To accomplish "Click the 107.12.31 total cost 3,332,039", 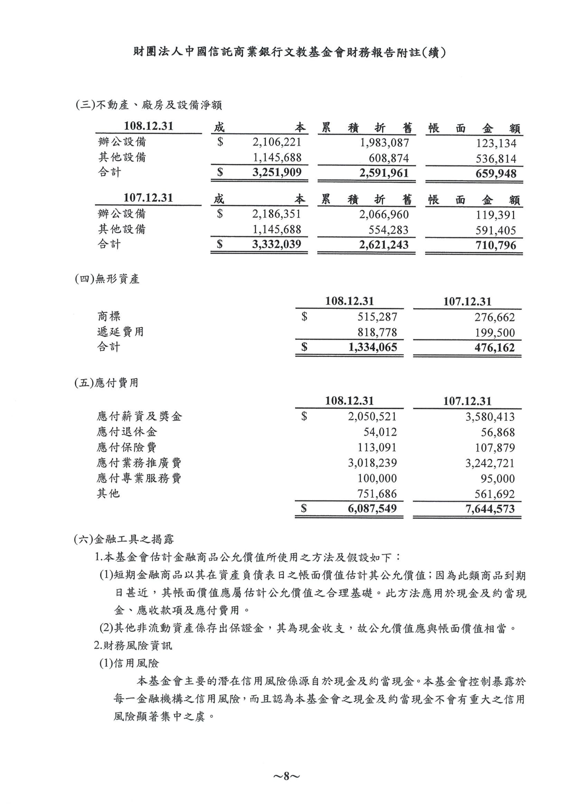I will [x=277, y=244].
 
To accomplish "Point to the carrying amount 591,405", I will [x=496, y=230].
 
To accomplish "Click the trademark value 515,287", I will [x=377, y=317].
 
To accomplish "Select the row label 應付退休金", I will [x=127, y=432].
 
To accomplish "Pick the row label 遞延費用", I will [x=121, y=332].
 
